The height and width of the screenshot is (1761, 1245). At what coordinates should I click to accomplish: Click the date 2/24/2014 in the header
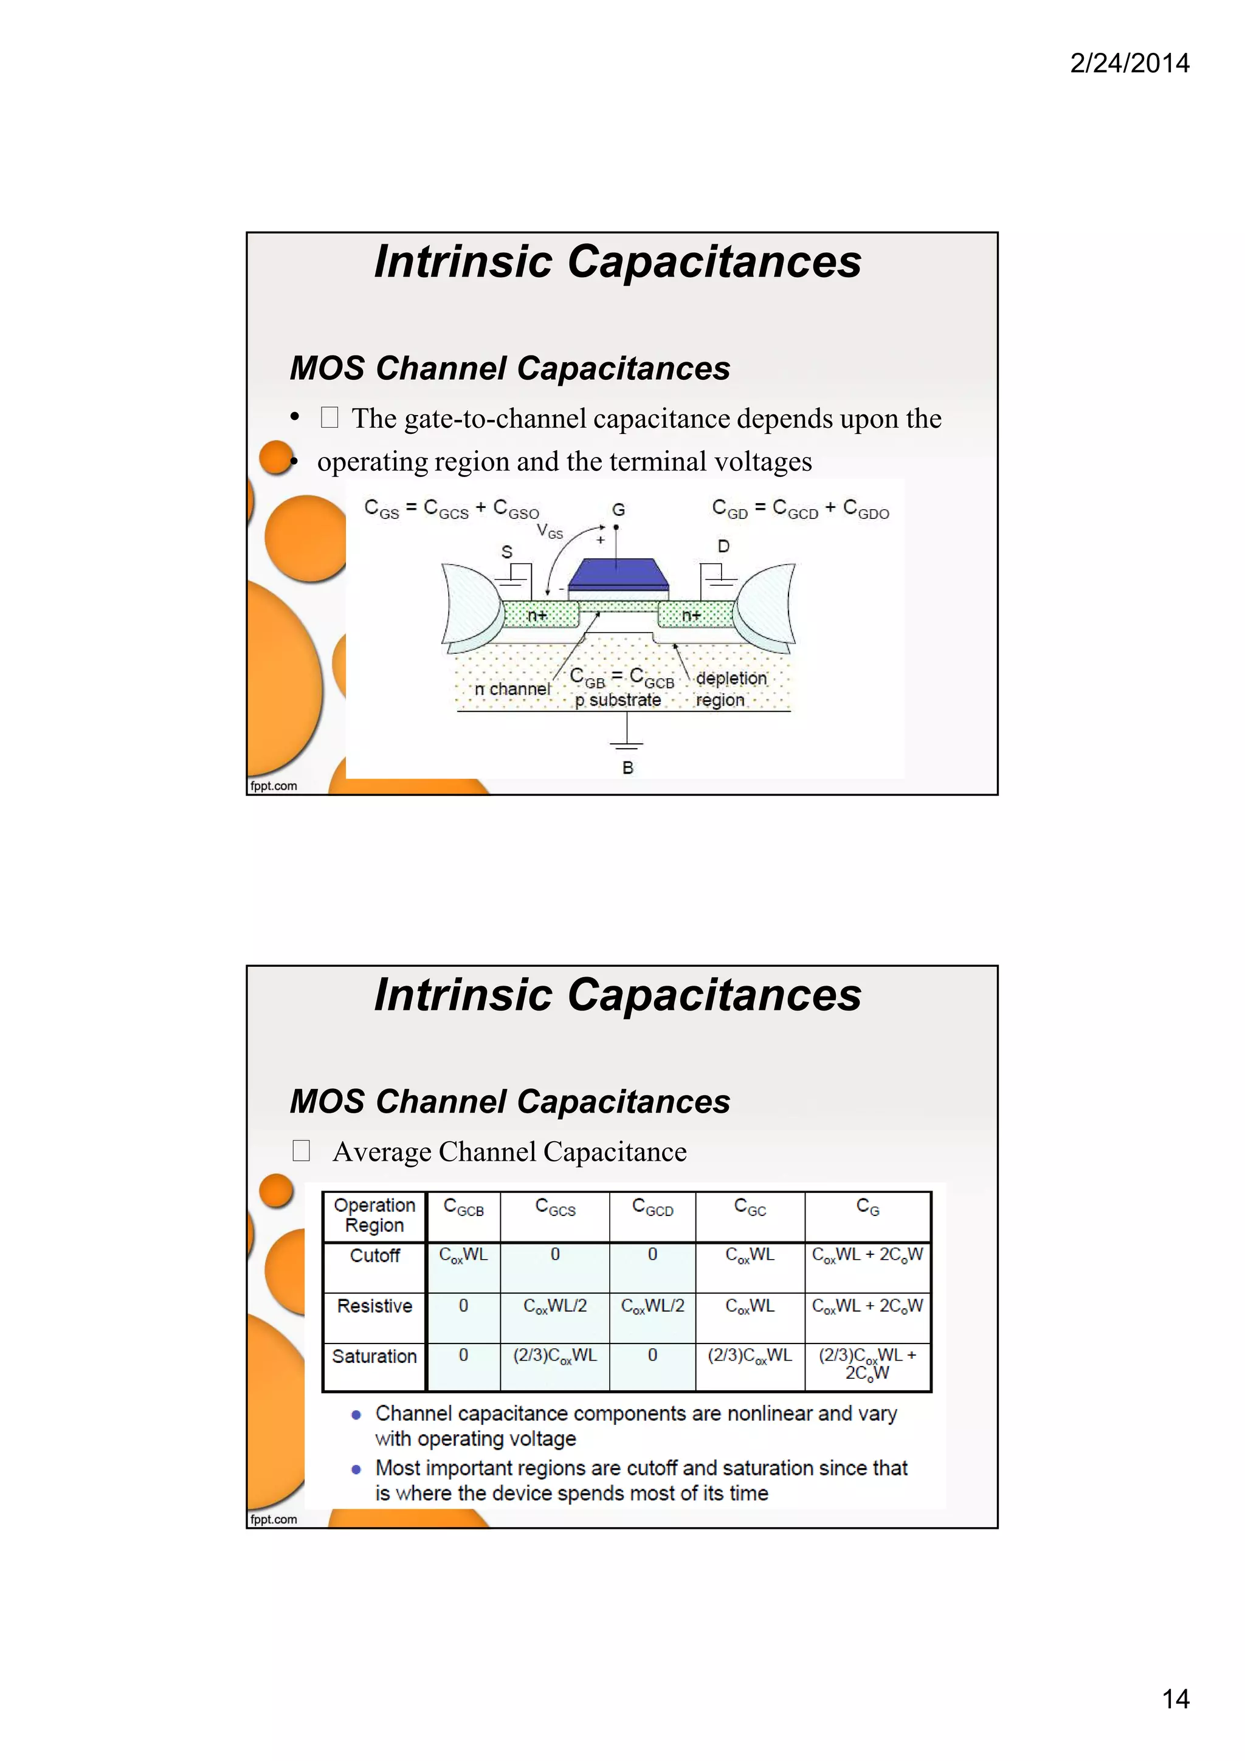(x=1129, y=63)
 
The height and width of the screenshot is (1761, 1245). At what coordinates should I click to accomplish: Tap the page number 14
(x=1175, y=1699)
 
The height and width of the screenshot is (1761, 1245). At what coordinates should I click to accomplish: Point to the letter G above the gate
(x=618, y=510)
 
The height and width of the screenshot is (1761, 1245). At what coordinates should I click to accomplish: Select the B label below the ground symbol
(x=627, y=767)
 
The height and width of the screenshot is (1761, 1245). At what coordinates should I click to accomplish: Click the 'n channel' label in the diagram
(x=512, y=688)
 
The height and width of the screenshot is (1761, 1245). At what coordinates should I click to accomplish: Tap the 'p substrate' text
(x=618, y=700)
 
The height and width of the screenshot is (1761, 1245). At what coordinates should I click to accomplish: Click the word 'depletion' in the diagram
(x=731, y=678)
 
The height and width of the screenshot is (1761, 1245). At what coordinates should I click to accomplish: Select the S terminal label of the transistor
(x=506, y=552)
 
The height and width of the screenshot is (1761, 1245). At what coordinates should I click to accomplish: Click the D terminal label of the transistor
(x=723, y=546)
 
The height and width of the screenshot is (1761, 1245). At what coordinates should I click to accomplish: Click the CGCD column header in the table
(x=652, y=1208)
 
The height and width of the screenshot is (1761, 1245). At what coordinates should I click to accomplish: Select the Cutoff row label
(x=374, y=1255)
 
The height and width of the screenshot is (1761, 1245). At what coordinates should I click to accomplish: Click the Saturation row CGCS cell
(x=554, y=1355)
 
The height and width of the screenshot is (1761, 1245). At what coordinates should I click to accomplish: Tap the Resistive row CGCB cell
(x=463, y=1305)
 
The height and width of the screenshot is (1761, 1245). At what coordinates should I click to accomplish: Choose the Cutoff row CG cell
(x=867, y=1255)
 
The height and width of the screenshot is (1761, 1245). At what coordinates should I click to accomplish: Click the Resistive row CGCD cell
(x=652, y=1305)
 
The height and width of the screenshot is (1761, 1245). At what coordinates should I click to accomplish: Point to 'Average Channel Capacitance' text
(x=509, y=1152)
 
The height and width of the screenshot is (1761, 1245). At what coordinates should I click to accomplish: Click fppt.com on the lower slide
(x=273, y=1519)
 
